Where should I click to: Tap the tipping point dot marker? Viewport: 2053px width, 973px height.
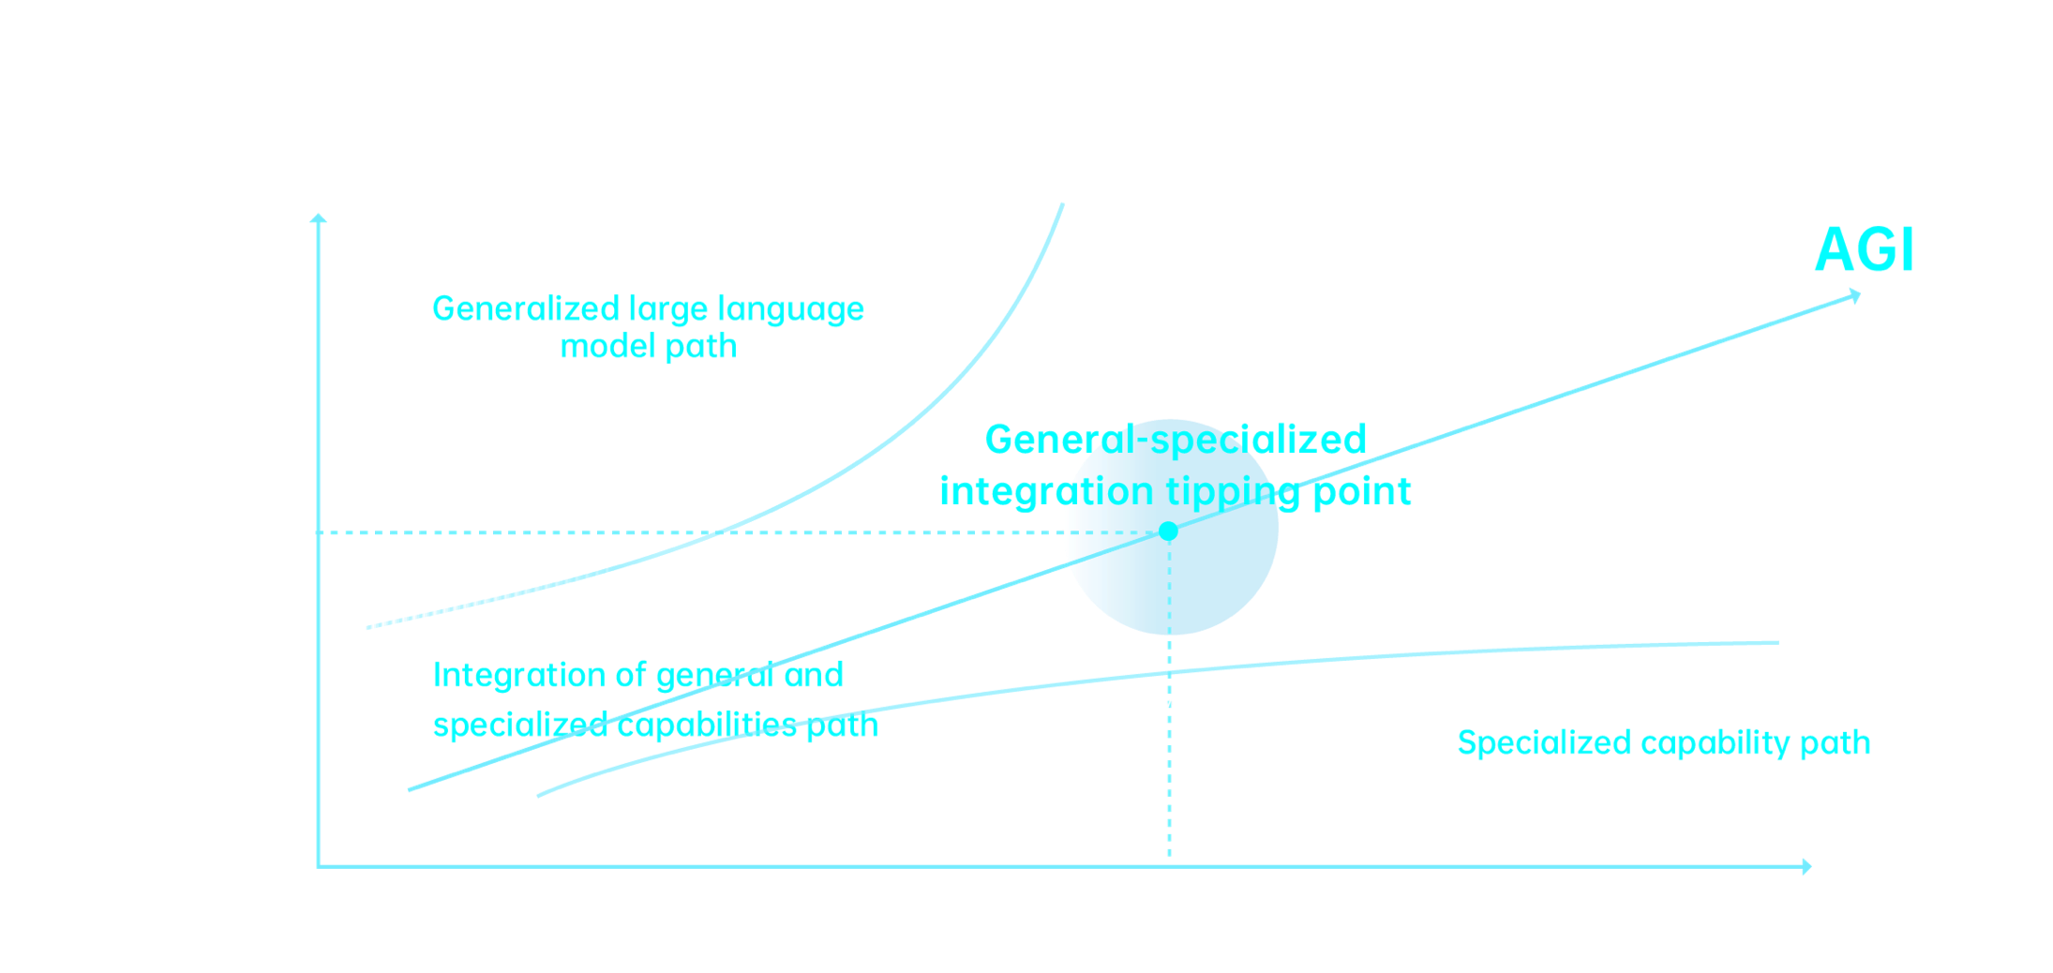point(1168,531)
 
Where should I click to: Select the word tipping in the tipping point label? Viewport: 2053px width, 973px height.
point(1228,492)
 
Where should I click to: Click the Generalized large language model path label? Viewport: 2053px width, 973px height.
point(649,328)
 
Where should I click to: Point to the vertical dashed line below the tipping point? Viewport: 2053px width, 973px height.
point(1168,750)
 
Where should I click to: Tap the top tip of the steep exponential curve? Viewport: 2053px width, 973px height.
point(1061,204)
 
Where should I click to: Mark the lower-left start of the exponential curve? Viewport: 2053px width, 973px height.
point(368,626)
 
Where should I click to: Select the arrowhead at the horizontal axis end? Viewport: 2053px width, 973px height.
point(1805,867)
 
